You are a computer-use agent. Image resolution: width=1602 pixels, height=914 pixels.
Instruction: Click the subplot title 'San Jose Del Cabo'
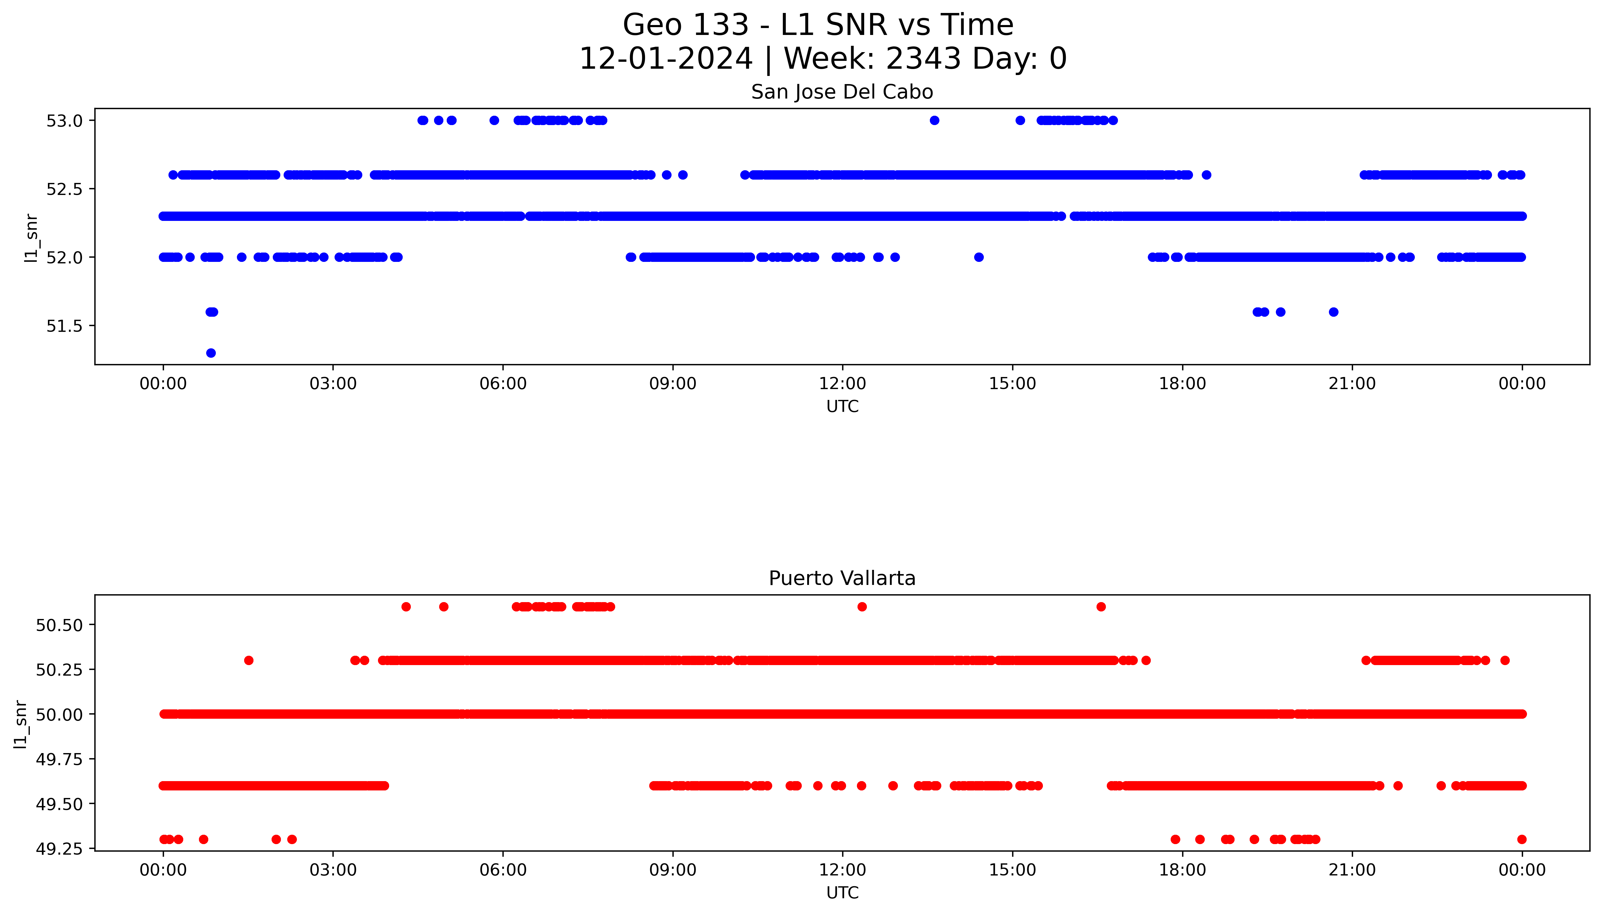coord(842,92)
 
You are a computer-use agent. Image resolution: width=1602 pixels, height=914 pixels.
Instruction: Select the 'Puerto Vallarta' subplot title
coord(842,578)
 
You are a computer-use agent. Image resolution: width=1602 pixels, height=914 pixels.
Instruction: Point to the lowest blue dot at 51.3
coord(211,353)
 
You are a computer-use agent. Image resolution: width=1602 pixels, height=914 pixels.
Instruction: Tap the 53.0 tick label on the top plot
coord(65,121)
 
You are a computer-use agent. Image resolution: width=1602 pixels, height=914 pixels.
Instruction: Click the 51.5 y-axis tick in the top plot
coord(65,326)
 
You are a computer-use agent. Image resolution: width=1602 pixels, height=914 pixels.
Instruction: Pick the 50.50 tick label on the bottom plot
coord(59,625)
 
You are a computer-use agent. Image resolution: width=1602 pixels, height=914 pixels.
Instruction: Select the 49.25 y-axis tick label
coord(59,849)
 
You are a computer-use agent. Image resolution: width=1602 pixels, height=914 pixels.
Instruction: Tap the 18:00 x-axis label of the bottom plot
coord(1182,870)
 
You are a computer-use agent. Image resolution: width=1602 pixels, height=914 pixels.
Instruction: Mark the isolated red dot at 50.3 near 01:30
coord(249,660)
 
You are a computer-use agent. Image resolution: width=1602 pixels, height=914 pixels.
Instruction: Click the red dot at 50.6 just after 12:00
coord(862,606)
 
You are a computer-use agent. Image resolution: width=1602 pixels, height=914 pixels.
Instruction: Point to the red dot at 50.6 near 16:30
coord(1101,606)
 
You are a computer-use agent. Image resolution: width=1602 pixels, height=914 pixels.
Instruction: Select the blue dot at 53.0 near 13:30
coord(934,121)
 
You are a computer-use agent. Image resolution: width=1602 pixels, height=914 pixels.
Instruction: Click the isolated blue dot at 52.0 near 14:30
coord(979,257)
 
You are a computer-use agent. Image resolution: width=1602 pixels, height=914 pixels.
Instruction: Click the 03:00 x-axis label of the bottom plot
coord(333,870)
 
